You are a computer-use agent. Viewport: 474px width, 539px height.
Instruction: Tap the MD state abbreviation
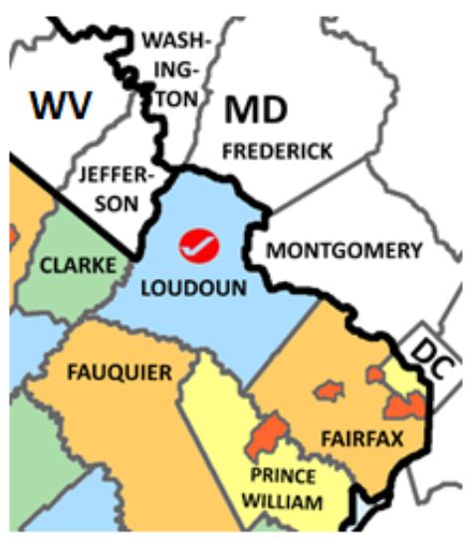click(x=256, y=112)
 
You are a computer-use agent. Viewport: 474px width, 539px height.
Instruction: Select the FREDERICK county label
click(x=277, y=151)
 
